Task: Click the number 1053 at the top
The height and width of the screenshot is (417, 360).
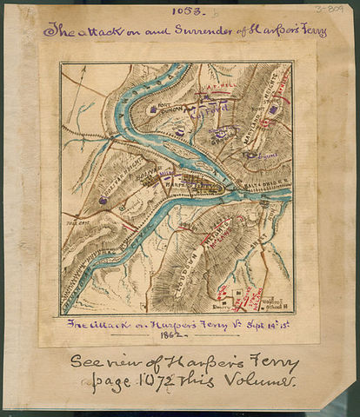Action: coord(182,12)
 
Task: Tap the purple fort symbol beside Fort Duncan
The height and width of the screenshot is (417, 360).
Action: coord(154,110)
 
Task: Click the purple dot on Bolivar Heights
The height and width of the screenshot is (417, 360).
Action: coord(103,200)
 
